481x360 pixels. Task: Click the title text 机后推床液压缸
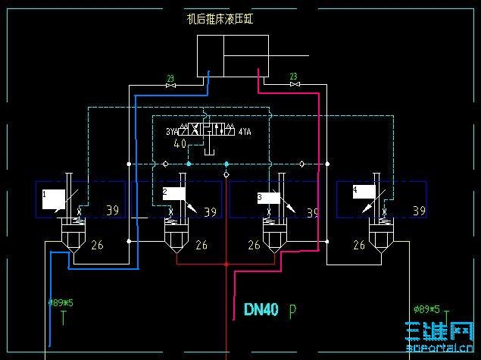click(220, 20)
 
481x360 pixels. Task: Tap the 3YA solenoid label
click(173, 132)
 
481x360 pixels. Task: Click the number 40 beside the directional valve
click(180, 144)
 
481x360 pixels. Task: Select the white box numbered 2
click(174, 193)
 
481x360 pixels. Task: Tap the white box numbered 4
click(364, 193)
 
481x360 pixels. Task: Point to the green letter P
click(292, 310)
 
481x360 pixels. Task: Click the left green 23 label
click(170, 77)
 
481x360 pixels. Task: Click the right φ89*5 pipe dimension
click(427, 308)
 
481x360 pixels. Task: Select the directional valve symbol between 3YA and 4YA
click(209, 130)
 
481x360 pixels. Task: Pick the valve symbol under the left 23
click(170, 86)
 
